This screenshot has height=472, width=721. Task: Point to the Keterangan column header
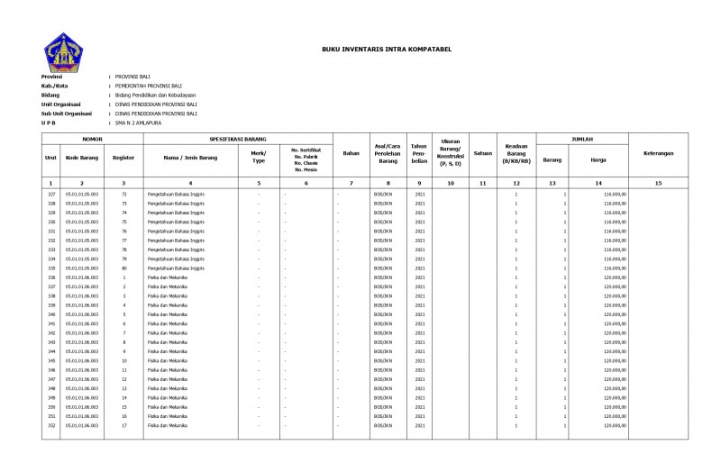click(658, 154)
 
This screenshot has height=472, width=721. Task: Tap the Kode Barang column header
click(82, 158)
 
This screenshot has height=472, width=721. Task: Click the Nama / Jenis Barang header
click(190, 158)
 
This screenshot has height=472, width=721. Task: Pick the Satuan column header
click(482, 154)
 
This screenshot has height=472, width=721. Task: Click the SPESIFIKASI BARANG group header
click(238, 141)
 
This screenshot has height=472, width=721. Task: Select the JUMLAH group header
click(582, 141)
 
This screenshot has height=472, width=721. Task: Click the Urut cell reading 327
click(51, 194)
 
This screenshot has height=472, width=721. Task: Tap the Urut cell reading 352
click(51, 425)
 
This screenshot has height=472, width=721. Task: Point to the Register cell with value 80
click(123, 268)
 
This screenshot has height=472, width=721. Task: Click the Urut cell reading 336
click(51, 277)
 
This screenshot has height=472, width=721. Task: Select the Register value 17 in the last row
click(123, 425)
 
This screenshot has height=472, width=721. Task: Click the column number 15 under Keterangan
click(658, 183)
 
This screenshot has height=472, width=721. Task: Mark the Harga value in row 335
click(615, 268)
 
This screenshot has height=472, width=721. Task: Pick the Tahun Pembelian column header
click(419, 154)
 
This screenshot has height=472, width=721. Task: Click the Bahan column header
click(351, 154)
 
